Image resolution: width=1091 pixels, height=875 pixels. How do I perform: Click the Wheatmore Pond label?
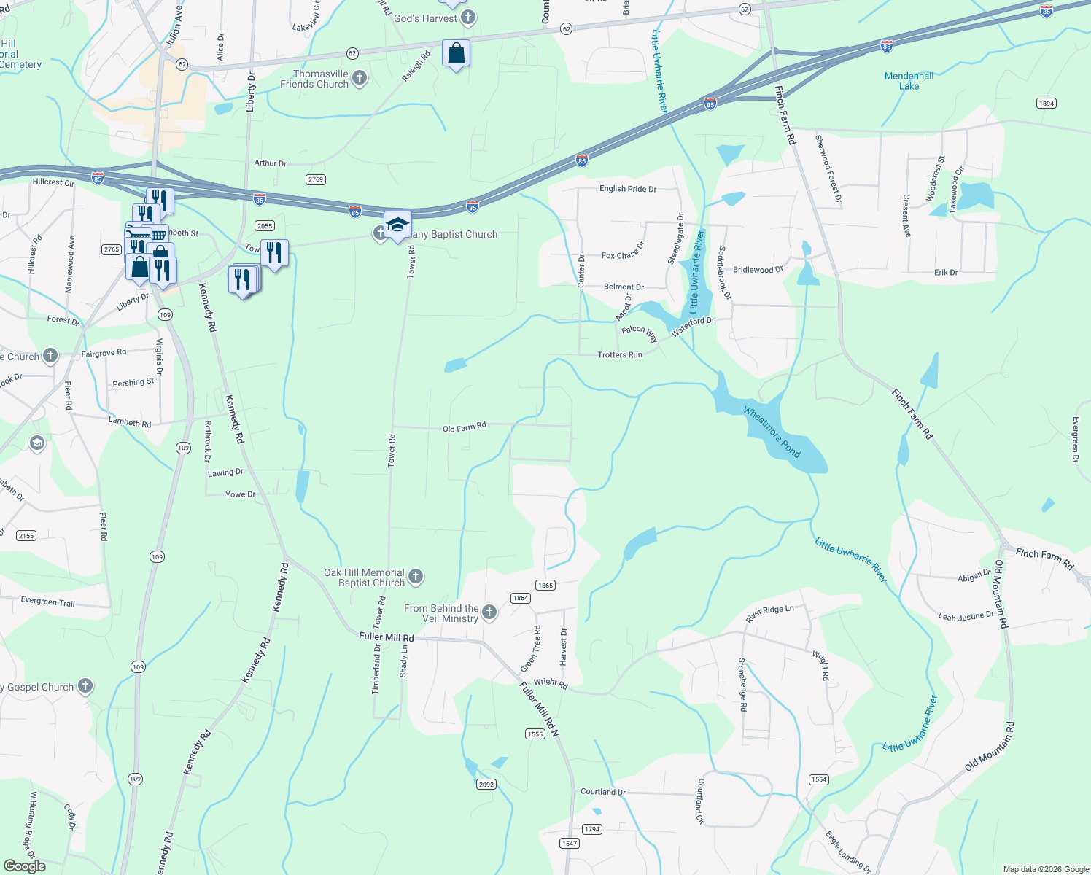(772, 432)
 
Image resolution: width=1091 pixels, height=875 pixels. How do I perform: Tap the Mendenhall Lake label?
(909, 81)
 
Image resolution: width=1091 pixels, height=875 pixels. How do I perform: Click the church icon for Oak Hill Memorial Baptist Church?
(416, 577)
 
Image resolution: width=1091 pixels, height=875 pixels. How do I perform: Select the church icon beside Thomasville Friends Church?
(359, 78)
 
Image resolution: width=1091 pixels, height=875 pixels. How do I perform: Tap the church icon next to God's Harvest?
(468, 17)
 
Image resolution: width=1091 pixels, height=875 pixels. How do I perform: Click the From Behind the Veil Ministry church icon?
(489, 612)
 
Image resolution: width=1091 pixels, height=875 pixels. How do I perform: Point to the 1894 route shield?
(1047, 103)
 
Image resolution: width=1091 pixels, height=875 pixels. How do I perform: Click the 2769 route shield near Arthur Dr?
(315, 179)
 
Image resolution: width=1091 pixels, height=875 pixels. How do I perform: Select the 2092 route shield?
(486, 784)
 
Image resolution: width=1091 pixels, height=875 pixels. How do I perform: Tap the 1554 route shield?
(819, 779)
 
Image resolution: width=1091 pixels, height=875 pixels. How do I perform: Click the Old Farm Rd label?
(464, 427)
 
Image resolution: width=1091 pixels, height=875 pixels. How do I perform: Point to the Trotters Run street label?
(620, 355)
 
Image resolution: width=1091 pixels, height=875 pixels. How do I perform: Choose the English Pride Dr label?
(627, 189)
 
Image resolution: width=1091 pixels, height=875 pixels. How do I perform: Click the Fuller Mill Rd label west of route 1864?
(386, 637)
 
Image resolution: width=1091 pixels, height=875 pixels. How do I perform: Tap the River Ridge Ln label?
(769, 614)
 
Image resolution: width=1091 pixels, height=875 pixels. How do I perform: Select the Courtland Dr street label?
(602, 792)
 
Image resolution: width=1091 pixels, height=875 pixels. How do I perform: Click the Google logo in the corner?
(24, 866)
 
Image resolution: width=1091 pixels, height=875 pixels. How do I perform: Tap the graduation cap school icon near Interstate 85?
(397, 225)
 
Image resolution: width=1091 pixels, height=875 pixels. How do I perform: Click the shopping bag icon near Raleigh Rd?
(456, 54)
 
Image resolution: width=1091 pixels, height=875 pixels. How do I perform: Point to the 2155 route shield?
(26, 535)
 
